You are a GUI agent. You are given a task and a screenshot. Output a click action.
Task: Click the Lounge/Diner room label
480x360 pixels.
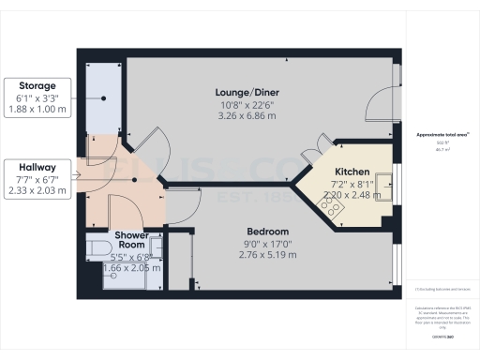click(247, 92)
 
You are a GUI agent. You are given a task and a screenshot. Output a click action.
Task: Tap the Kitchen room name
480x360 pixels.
click(352, 173)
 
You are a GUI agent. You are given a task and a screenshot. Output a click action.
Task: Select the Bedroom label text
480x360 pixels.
click(267, 232)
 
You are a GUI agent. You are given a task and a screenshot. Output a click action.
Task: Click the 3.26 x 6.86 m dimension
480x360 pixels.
click(247, 116)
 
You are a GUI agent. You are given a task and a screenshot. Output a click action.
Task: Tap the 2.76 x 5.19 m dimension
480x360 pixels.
click(267, 255)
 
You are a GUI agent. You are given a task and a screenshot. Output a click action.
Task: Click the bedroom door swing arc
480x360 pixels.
click(187, 201)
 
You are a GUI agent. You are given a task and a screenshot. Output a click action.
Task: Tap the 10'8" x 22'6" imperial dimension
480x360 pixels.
click(247, 104)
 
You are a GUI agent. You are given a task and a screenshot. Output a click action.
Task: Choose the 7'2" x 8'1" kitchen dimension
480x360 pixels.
click(352, 186)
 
